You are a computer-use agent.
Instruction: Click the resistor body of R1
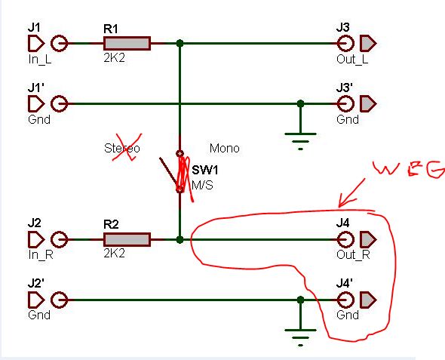[x=127, y=44]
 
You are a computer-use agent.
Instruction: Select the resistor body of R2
[x=127, y=239]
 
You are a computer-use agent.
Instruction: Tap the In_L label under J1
[x=40, y=60]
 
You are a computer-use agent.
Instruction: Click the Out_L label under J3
[x=352, y=60]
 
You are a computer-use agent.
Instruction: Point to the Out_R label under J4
[x=353, y=254]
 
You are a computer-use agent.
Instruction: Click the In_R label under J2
[x=41, y=254]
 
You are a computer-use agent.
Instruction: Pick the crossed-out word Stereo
[x=122, y=148]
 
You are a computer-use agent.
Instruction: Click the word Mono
[x=225, y=148]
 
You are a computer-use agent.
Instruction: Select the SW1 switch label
[x=205, y=170]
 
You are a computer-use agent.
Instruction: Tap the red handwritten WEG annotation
[x=409, y=170]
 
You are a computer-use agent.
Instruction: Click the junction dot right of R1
[x=180, y=44]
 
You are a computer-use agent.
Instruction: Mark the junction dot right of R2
[x=180, y=239]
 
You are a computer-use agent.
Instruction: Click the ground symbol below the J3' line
[x=300, y=141]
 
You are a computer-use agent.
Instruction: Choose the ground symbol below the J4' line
[x=300, y=337]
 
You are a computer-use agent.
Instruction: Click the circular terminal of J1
[x=60, y=44]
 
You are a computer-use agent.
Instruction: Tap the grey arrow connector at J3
[x=368, y=44]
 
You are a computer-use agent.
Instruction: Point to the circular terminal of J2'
[x=60, y=300]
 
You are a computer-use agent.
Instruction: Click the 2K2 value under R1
[x=114, y=58]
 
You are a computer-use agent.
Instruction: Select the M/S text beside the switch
[x=202, y=186]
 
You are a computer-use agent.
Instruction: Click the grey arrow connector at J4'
[x=368, y=300]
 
